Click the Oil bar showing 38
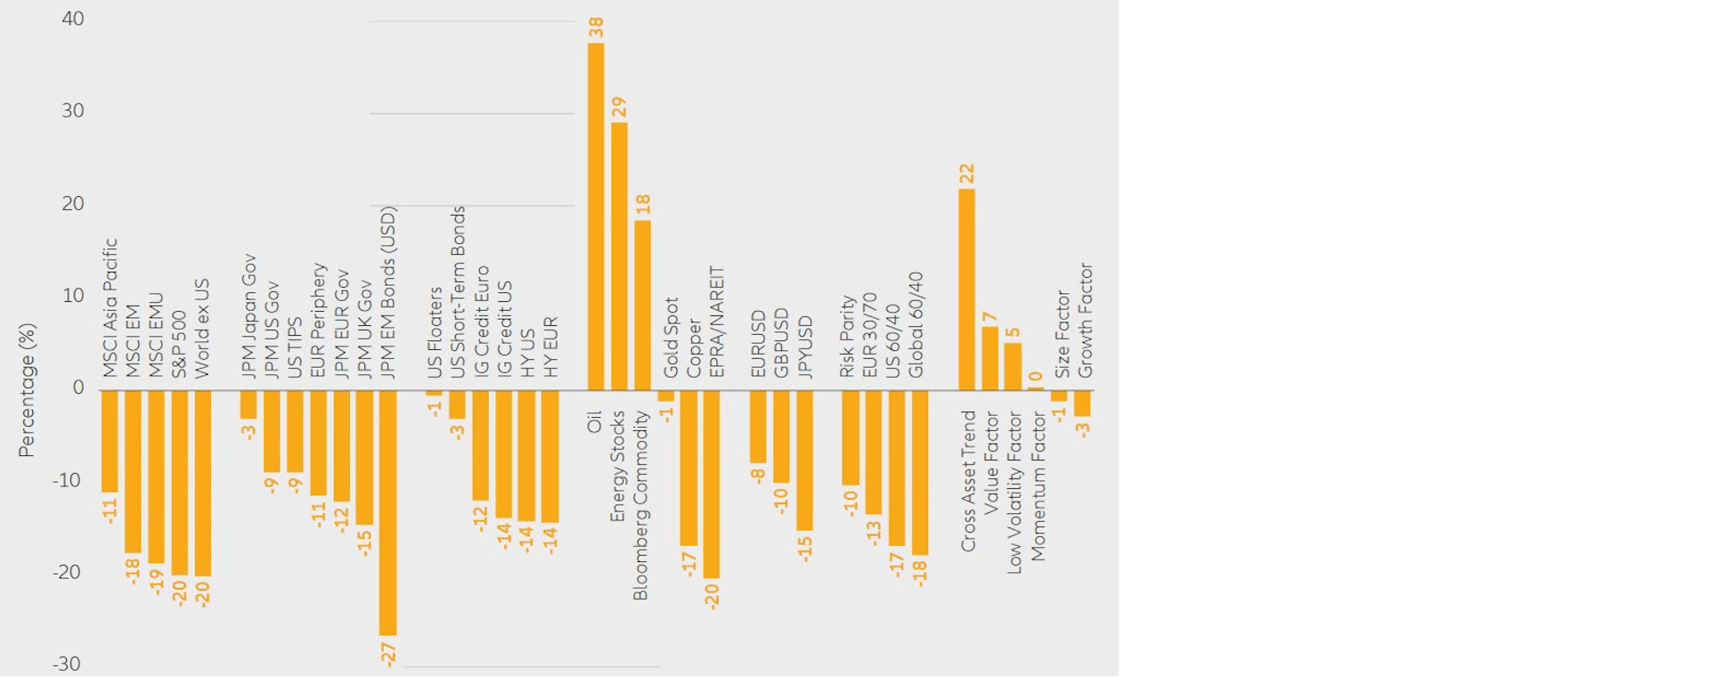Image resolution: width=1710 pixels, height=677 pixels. tap(596, 216)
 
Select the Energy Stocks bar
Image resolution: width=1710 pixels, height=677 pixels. tap(619, 257)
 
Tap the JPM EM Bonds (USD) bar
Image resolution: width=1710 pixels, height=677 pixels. tap(387, 512)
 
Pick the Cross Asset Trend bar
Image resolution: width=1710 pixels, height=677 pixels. tap(966, 290)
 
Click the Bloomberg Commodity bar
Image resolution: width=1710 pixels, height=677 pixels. tap(642, 306)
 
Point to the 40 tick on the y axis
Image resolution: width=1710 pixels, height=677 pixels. tap(73, 19)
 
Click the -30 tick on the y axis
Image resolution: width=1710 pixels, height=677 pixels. tap(67, 664)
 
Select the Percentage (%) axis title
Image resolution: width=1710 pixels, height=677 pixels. tap(27, 390)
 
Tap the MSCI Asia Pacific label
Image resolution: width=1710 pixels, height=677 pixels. tap(110, 307)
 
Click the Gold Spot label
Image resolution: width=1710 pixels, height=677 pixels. tap(671, 337)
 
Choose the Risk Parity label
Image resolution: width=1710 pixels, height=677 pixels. tap(847, 336)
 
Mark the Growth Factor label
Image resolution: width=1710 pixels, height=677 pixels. tap(1085, 320)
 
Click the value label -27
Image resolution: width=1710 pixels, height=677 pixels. tap(388, 653)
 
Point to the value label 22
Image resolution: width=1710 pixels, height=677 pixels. tap(967, 173)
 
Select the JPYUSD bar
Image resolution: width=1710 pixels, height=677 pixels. tap(804, 461)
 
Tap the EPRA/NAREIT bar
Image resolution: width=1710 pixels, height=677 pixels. tap(712, 484)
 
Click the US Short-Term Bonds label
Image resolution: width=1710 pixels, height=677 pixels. tap(458, 292)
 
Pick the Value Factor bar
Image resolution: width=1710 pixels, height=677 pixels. tap(989, 358)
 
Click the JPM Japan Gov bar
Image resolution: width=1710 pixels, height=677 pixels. tap(248, 404)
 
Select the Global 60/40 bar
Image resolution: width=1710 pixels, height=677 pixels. tap(920, 472)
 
